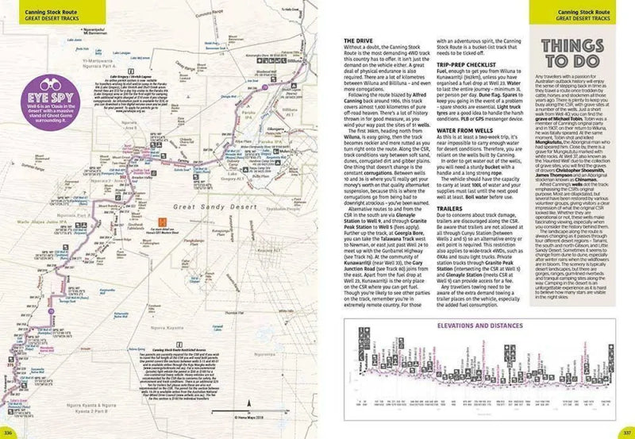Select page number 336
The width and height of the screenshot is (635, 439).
(x=10, y=431)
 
